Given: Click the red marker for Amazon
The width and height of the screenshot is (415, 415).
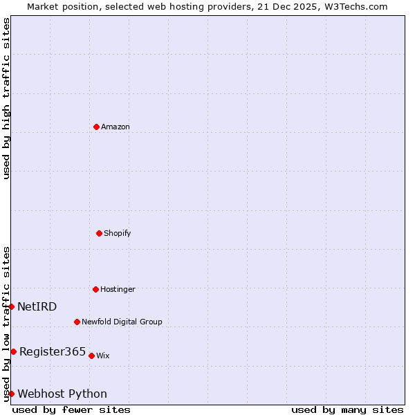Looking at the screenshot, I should (96, 127).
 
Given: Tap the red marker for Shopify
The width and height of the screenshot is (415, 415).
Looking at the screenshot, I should (99, 233).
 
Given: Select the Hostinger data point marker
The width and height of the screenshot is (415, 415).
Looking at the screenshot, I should (95, 289).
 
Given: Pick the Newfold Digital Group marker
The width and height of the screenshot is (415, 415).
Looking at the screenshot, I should (77, 322).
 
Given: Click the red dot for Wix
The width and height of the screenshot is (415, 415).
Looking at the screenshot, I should (91, 356).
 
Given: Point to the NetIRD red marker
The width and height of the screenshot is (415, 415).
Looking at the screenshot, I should (11, 306).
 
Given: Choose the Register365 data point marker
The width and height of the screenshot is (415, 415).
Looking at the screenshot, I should (13, 351).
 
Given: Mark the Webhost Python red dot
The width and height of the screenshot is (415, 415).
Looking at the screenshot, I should (11, 394).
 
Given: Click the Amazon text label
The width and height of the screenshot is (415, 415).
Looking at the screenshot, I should (116, 127).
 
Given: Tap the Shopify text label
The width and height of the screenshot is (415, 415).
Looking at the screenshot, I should (118, 233).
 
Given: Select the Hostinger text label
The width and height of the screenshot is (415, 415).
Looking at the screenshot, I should (118, 289).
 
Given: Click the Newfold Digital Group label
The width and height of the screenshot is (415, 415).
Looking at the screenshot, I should (122, 322).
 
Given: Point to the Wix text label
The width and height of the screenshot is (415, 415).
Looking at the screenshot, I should (102, 356).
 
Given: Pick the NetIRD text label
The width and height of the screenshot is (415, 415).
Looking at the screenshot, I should (37, 306).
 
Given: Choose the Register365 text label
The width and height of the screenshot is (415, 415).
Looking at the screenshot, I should (53, 351).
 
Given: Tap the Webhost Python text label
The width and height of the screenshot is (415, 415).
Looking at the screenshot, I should (62, 394).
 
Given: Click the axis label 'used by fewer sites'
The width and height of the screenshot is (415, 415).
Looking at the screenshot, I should (71, 409).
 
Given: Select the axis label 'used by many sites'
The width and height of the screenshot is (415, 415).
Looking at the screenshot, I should (347, 409).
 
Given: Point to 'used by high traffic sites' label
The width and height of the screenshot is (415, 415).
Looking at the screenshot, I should (6, 98).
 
